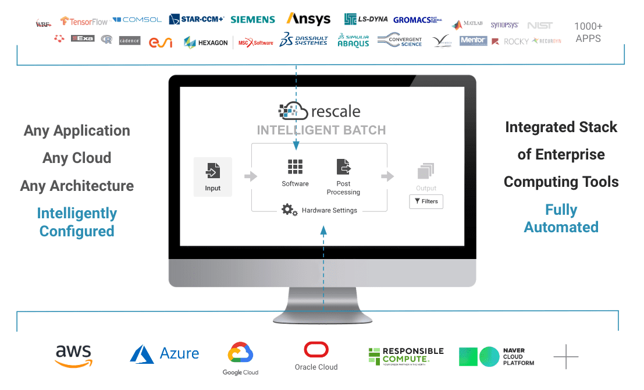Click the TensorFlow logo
click(84, 21)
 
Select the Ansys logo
click(308, 19)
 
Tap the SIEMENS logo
click(252, 19)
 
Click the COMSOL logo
click(137, 20)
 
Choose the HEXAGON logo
click(206, 42)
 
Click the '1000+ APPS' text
click(588, 33)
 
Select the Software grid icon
click(295, 167)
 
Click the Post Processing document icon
click(343, 167)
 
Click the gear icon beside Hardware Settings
click(289, 210)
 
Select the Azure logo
click(164, 353)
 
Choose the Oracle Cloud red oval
click(316, 350)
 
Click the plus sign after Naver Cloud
click(565, 356)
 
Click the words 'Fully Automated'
click(561, 218)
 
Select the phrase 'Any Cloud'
click(77, 158)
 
